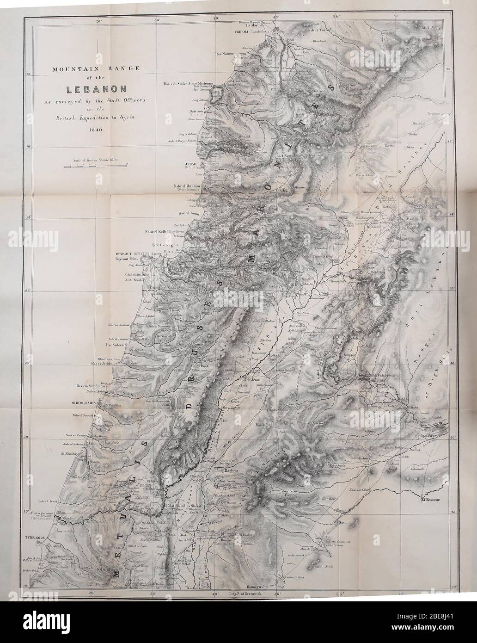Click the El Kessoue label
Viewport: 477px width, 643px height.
pyautogui.click(x=432, y=501)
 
